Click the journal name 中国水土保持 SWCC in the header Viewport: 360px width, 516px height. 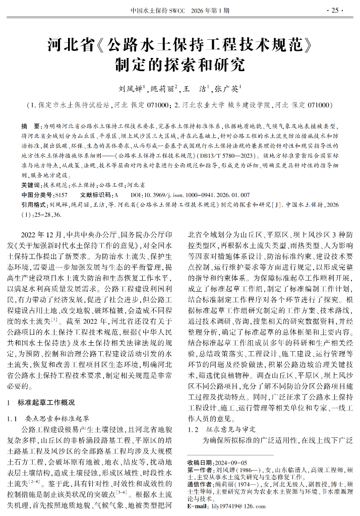(x=157, y=10)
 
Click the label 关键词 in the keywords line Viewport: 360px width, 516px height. (x=30, y=184)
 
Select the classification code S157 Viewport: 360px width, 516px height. (x=61, y=194)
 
